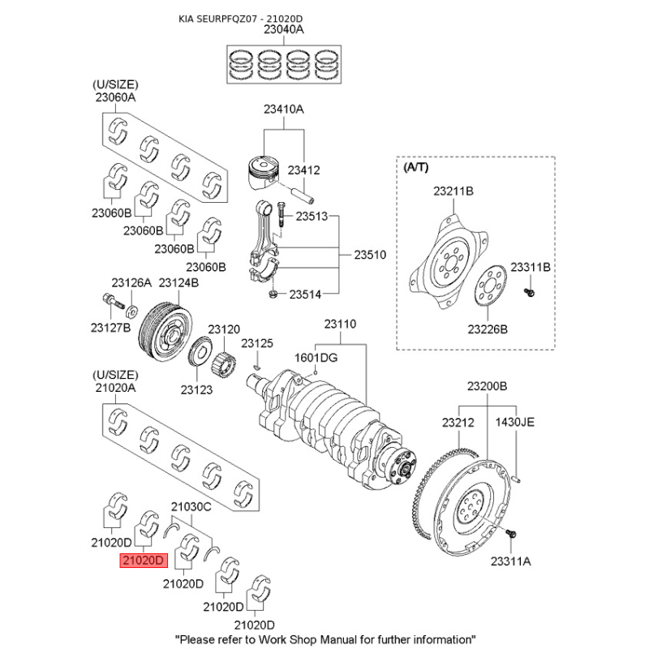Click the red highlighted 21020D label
pos(143,560)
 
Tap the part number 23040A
pos(283,30)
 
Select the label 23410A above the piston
pos(283,110)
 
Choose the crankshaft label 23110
pos(340,324)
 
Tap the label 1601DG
pos(316,357)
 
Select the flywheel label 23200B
pos(487,386)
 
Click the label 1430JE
pos(515,422)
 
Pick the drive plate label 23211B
pos(453,191)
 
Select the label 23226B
pos(487,329)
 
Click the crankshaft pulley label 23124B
pos(178,282)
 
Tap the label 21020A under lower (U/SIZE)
pos(115,389)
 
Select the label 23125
pos(260,343)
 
